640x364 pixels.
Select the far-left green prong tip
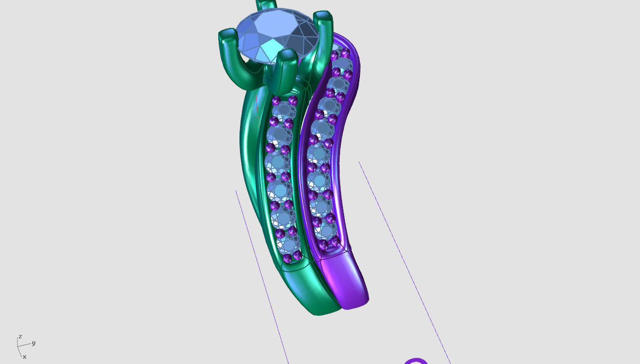point(227,36)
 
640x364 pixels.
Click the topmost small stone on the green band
point(284,111)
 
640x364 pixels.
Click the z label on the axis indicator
point(20,336)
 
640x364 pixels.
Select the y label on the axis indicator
point(33,343)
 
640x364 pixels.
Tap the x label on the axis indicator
point(25,357)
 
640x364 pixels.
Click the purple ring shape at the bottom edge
point(415,361)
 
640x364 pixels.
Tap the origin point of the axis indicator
point(18,346)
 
